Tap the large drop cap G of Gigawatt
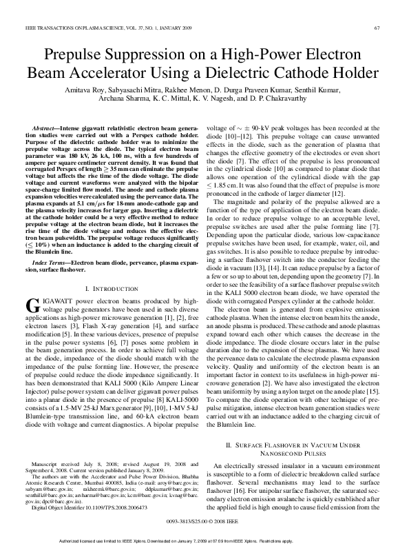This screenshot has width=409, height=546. pyautogui.click(x=32, y=287)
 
